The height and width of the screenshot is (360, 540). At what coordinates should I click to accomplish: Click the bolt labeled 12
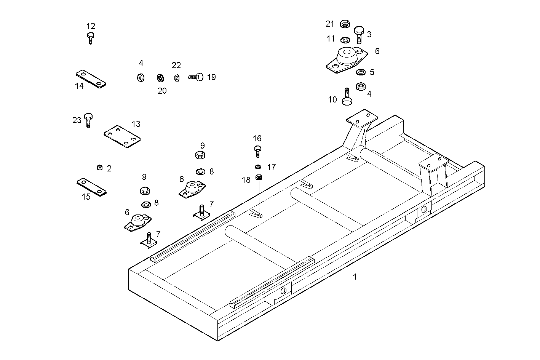[x=91, y=38]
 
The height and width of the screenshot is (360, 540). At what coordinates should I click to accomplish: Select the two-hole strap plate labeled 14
[x=91, y=79]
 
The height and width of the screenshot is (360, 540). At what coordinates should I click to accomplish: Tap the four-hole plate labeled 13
[x=122, y=136]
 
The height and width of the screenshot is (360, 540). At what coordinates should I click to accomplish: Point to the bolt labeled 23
[x=88, y=120]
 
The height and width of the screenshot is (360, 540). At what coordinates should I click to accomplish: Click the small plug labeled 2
[x=100, y=168]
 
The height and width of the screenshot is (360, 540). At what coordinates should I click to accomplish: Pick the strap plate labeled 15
[x=91, y=187]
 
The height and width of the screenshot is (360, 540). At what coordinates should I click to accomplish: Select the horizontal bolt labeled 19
[x=196, y=77]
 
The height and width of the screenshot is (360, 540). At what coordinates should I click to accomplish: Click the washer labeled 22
[x=177, y=77]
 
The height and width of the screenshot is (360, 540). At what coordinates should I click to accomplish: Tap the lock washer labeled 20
[x=160, y=78]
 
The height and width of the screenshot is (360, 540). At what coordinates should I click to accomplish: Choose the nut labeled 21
[x=345, y=24]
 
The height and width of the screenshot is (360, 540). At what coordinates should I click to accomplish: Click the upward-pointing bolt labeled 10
[x=347, y=97]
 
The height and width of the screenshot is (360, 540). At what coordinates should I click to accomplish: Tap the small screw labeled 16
[x=257, y=151]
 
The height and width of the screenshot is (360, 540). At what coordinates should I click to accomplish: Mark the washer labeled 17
[x=258, y=166]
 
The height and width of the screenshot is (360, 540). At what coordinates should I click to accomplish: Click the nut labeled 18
[x=258, y=177]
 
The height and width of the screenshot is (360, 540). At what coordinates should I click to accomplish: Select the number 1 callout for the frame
[x=355, y=277]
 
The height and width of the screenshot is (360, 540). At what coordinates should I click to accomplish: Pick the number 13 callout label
[x=136, y=124]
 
